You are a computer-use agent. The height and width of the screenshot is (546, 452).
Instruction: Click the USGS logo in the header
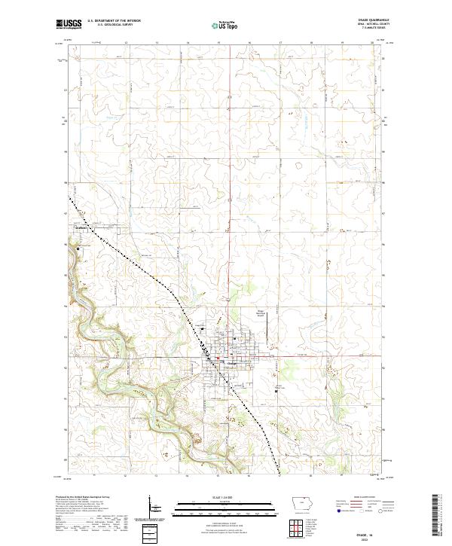point(66,24)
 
